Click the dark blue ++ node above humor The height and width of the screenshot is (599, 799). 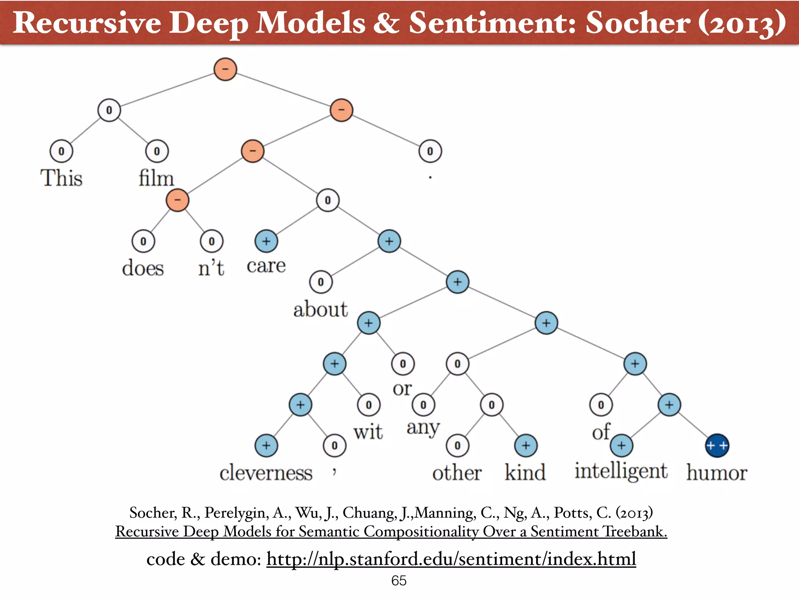(x=717, y=445)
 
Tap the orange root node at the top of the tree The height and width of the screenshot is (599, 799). (x=225, y=69)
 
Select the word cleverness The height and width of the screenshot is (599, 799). (x=266, y=473)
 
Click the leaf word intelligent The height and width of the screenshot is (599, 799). (x=621, y=471)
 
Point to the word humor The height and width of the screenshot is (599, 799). (x=717, y=473)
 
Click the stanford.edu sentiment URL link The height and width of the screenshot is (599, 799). (x=451, y=559)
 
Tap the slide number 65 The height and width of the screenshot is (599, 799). (x=399, y=581)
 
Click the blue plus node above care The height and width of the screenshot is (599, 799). (x=266, y=241)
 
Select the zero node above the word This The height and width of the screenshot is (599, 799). (x=61, y=151)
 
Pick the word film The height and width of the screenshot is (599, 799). (x=156, y=178)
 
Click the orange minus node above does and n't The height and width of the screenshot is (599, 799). (x=178, y=200)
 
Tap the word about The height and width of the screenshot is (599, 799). (x=320, y=310)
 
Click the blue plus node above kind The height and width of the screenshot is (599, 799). (x=526, y=445)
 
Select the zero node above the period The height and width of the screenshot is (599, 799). (x=430, y=151)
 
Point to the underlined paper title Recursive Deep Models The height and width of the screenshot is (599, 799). (x=391, y=532)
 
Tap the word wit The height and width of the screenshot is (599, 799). (x=368, y=432)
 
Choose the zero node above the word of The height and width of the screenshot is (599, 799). (x=601, y=405)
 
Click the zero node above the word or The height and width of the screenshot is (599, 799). (x=403, y=364)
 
